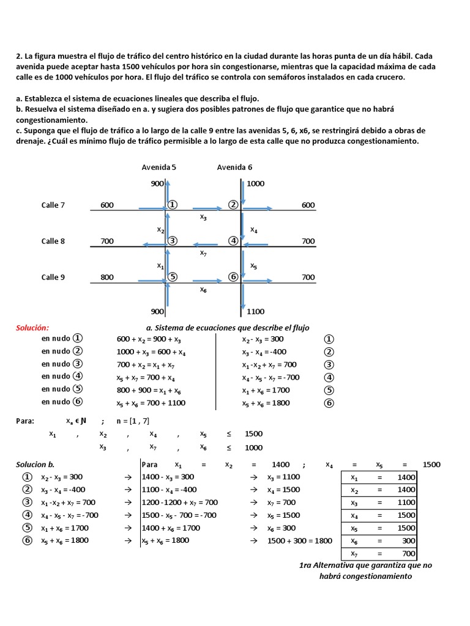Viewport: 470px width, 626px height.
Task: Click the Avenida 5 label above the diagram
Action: click(159, 168)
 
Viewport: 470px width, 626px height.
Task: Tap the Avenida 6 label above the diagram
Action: click(234, 168)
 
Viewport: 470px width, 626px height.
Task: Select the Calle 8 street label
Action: click(53, 241)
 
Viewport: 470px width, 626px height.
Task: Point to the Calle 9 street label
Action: click(53, 277)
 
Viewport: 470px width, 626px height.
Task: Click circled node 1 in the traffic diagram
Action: click(173, 205)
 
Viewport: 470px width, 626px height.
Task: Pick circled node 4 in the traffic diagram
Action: click(233, 241)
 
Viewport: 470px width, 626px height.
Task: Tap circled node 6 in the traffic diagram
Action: click(233, 277)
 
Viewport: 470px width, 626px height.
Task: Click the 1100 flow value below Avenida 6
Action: click(256, 311)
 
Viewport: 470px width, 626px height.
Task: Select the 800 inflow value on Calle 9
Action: click(107, 277)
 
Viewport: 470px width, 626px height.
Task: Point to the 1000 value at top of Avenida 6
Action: click(255, 183)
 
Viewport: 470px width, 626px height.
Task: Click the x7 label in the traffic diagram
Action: click(203, 252)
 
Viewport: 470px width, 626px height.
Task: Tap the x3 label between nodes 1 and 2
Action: click(203, 217)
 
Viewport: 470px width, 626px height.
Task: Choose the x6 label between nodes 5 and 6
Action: click(203, 289)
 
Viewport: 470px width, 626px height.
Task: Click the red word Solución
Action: click(32, 328)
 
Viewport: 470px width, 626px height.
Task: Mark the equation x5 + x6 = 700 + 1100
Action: click(151, 403)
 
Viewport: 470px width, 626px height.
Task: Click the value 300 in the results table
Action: click(406, 541)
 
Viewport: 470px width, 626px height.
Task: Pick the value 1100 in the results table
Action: click(406, 503)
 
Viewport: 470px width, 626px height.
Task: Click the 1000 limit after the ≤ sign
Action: click(253, 447)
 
